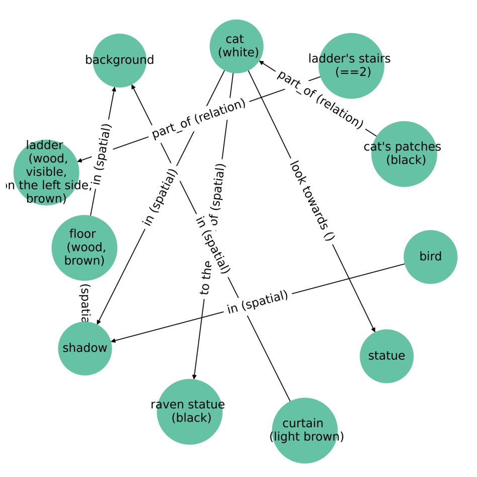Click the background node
click(119, 60)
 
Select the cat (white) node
click(236, 46)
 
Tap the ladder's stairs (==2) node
click(351, 65)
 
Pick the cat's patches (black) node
click(404, 153)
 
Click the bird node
click(430, 257)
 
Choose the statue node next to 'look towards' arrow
click(386, 356)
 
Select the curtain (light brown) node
click(304, 430)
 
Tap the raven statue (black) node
click(189, 411)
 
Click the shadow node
click(85, 348)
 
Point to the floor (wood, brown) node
click(85, 248)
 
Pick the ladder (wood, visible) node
click(46, 173)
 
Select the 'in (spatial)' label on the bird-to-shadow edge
click(257, 302)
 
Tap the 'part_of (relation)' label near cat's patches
click(320, 99)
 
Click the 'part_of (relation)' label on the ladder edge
click(199, 119)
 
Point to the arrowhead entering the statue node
click(374, 330)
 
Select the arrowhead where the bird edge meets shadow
click(113, 341)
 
